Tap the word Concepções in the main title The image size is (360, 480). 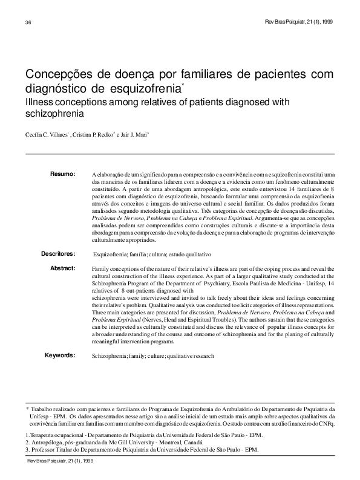click(x=56, y=74)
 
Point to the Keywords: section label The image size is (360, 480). click(x=60, y=355)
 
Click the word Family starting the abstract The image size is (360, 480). click(x=100, y=267)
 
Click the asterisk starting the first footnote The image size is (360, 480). click(x=27, y=409)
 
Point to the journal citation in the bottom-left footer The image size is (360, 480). click(x=59, y=461)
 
